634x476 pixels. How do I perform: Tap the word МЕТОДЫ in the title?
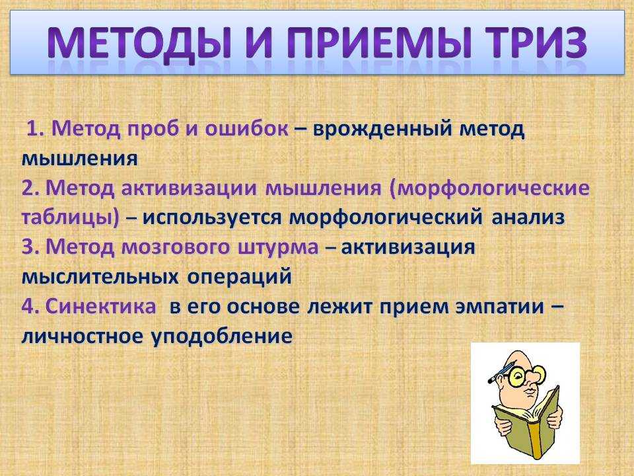(x=138, y=44)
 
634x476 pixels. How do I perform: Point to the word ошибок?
(x=246, y=129)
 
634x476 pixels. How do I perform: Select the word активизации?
(x=190, y=188)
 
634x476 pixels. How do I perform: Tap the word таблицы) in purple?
(x=71, y=218)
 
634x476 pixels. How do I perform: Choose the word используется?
(x=212, y=218)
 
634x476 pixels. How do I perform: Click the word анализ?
(x=528, y=218)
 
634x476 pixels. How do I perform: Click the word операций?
(x=239, y=277)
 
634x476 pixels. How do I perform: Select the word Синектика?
(x=100, y=307)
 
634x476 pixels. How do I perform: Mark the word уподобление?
(x=222, y=337)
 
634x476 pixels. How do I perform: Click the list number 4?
(x=30, y=307)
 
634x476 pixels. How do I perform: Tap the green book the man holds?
(x=526, y=421)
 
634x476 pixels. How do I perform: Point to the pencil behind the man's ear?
(x=501, y=373)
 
